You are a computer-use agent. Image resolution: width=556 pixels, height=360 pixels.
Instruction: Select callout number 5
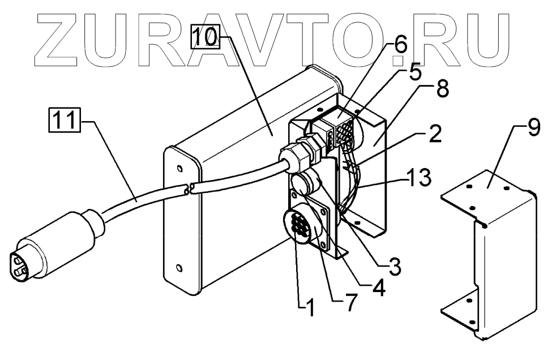416,72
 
